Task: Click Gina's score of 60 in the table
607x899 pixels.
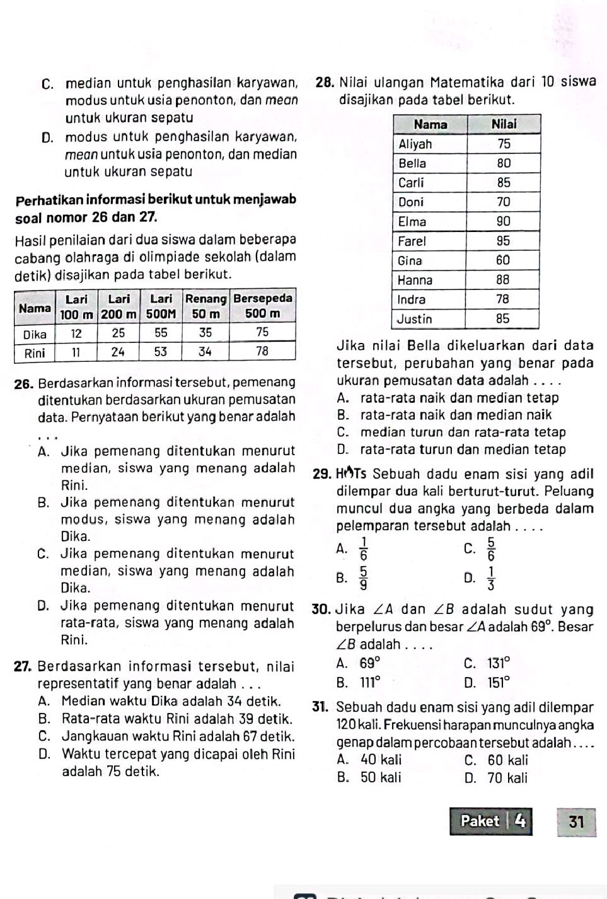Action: (502, 260)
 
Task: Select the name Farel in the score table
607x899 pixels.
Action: (412, 241)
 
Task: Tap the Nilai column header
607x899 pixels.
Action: (504, 124)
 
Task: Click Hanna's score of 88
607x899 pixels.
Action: (502, 279)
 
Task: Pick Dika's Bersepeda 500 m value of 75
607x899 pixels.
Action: (263, 332)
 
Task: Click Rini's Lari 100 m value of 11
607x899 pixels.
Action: (76, 351)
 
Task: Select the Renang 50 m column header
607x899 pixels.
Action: (205, 305)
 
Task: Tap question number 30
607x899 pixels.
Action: (322, 610)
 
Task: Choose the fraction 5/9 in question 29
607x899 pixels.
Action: (364, 576)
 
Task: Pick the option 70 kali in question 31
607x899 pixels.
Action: (508, 778)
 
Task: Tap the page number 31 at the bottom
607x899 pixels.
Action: (575, 821)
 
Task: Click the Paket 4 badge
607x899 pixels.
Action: (491, 821)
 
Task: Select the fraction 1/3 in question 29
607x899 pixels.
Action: (491, 577)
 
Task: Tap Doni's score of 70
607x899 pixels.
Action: (503, 202)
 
